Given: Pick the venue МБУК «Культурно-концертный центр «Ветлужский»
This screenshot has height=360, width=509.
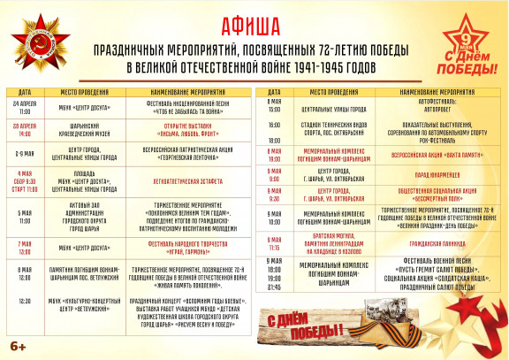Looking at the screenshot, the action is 85,302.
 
